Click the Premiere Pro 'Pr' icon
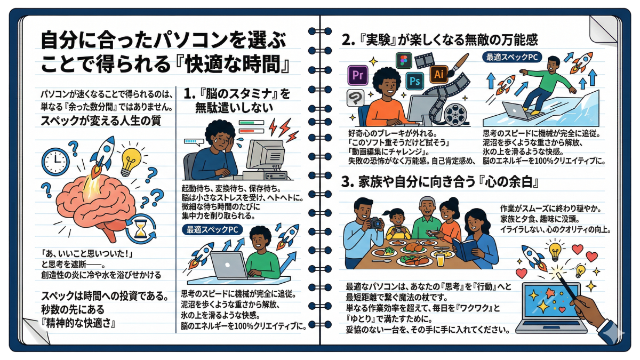tap(358, 75)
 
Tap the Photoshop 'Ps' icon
tap(414, 81)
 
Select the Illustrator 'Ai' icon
tap(439, 74)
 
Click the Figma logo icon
tap(404, 61)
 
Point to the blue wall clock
tap(55, 162)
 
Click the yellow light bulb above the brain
tap(131, 161)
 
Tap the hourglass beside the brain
tap(141, 229)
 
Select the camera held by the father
tap(375, 223)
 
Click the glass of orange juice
tap(441, 260)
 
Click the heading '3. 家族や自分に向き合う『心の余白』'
tap(439, 182)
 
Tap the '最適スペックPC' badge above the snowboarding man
tap(512, 57)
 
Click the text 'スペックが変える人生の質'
tap(101, 121)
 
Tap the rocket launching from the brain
tap(102, 153)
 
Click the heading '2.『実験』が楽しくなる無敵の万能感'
tap(439, 40)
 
